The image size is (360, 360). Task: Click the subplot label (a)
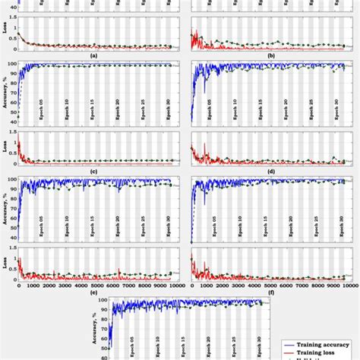pyautogui.click(x=93, y=55)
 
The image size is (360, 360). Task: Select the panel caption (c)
pyautogui.click(x=93, y=170)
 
